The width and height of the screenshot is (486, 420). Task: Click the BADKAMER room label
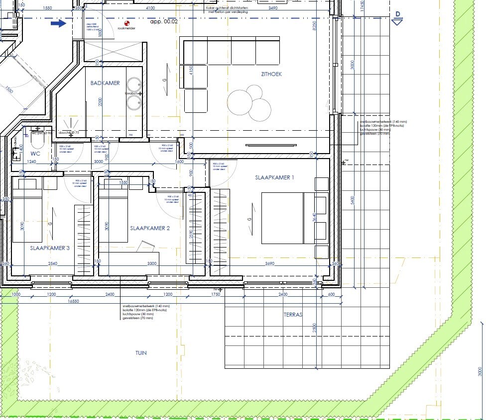(x=105, y=83)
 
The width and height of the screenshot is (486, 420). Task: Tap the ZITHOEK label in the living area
(x=271, y=74)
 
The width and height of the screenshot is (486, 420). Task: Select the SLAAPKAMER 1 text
(x=275, y=177)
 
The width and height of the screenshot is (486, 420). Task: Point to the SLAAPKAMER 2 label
(x=150, y=228)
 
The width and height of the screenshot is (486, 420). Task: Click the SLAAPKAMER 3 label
(x=50, y=248)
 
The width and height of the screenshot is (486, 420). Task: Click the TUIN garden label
(x=141, y=353)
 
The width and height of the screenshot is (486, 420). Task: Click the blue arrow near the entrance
(x=59, y=23)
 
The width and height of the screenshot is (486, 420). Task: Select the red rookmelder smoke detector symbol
(x=127, y=23)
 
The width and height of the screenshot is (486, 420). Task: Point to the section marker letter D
(x=397, y=14)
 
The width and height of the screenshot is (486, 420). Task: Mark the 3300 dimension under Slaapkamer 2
(x=152, y=263)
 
